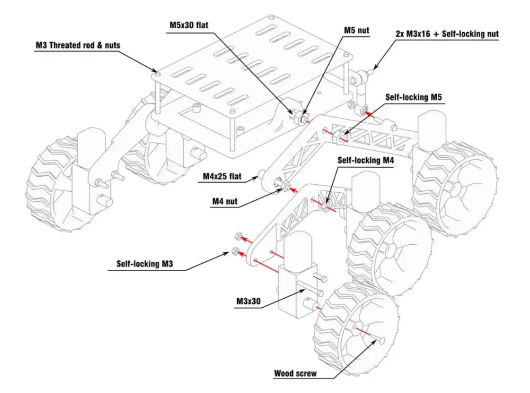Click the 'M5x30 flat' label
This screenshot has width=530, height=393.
189,25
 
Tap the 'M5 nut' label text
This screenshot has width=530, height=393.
357,30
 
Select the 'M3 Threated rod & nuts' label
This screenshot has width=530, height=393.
77,45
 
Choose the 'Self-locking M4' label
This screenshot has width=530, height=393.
364,159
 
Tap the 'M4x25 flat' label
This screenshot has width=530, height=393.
222,177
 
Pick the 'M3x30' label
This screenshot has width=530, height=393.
248,301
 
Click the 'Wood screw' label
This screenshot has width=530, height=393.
295,373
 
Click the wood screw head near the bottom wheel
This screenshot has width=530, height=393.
381,340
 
